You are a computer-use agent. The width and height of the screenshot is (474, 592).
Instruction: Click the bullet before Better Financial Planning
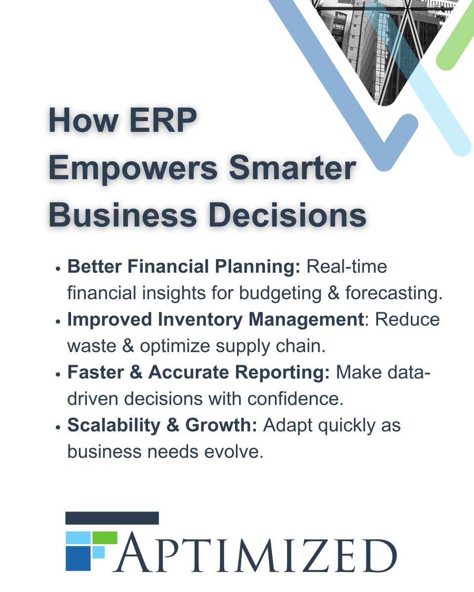click(x=58, y=269)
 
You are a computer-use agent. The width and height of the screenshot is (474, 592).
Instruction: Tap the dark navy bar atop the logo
click(x=112, y=518)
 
